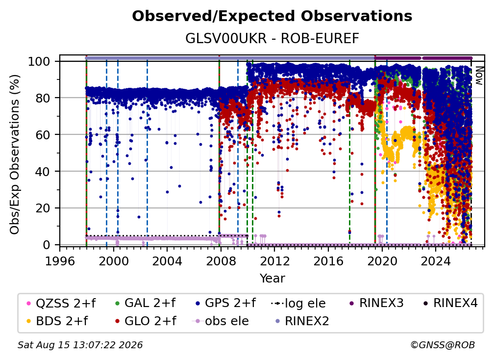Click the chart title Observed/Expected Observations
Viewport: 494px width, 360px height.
click(x=272, y=16)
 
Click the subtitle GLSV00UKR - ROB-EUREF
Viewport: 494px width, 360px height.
click(x=272, y=38)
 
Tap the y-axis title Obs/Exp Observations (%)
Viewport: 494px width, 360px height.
click(x=15, y=154)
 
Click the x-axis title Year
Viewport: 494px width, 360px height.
click(x=272, y=279)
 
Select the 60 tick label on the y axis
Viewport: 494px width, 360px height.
click(x=43, y=135)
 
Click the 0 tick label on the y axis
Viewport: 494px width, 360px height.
click(x=47, y=245)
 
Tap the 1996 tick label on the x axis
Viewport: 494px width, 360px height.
click(x=60, y=261)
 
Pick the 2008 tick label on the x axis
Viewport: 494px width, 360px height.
click(x=221, y=261)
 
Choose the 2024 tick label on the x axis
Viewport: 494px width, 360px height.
click(x=435, y=261)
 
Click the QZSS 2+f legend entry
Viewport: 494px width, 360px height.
click(x=61, y=303)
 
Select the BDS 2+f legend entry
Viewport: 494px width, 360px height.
click(x=57, y=321)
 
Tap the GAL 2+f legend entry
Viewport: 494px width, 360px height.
click(x=145, y=303)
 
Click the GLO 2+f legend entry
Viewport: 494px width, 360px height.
click(x=146, y=321)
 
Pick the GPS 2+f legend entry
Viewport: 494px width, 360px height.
click(x=225, y=303)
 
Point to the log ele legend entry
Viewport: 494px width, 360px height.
click(x=298, y=304)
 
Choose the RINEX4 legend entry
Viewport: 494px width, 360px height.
click(x=450, y=303)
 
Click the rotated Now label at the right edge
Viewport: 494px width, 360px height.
click(x=478, y=76)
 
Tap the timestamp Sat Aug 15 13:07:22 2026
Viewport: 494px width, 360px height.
click(x=80, y=345)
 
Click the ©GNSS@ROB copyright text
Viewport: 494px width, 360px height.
click(x=443, y=345)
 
